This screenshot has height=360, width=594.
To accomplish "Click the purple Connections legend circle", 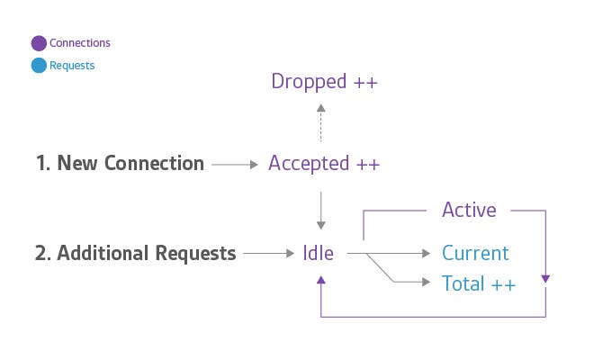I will (39, 42).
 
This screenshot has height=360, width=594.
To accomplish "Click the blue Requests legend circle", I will (39, 66).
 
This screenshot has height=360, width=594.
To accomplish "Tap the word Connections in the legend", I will (80, 42).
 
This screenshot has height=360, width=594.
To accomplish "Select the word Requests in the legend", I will (72, 66).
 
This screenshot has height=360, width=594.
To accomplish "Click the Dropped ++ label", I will (324, 82).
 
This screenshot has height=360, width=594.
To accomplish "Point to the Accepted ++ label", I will (324, 164).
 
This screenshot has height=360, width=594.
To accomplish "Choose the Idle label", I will (318, 254).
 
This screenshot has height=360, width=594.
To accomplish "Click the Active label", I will (469, 211).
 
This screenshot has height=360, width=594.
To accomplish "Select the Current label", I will (475, 254).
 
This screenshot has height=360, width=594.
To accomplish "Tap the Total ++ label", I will (479, 283).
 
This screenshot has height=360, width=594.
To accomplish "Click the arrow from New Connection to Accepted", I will (236, 165).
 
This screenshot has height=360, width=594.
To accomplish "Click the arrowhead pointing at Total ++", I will (427, 283).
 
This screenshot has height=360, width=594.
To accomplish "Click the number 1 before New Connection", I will (41, 164).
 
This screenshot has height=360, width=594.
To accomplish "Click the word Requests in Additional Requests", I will (189, 254).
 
